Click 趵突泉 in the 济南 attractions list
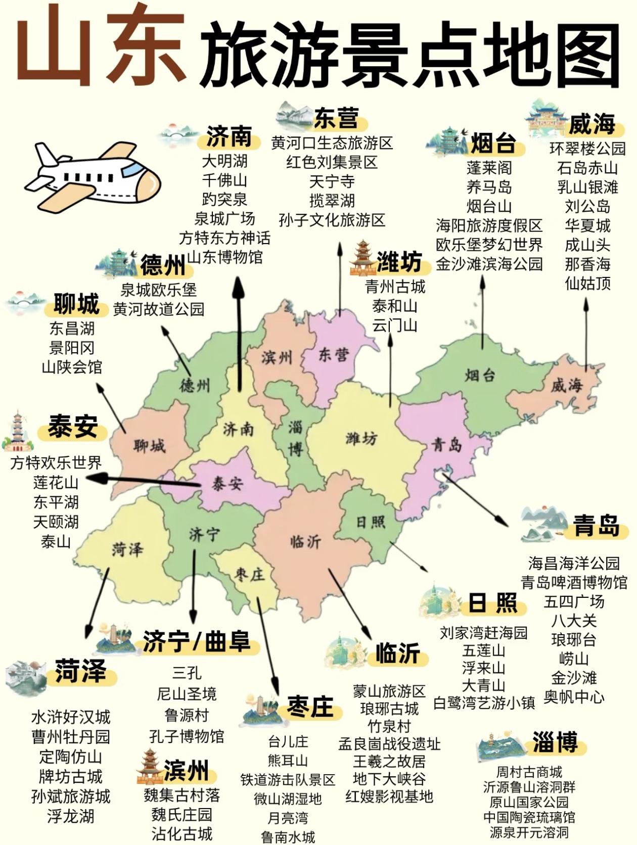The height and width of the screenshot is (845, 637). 224,199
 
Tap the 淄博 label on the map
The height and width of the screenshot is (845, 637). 296,439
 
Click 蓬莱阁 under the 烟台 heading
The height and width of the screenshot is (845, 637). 489,168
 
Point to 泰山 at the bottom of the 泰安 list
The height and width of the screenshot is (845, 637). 56,541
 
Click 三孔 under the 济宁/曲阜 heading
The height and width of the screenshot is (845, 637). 187,673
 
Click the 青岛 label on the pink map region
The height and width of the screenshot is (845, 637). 447,445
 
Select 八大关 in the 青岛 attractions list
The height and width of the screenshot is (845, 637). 574,620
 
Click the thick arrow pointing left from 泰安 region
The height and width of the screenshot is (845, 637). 147,480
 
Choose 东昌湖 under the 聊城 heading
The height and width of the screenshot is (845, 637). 72,328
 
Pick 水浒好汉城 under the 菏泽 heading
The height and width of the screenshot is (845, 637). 71,717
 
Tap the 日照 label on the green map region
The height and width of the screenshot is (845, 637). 371,522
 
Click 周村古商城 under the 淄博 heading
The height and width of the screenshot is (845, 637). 529,772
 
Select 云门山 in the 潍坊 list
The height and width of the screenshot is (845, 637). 395,325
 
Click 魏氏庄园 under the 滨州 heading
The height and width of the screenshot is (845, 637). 182,815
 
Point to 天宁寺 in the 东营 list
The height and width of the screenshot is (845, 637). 332,181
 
